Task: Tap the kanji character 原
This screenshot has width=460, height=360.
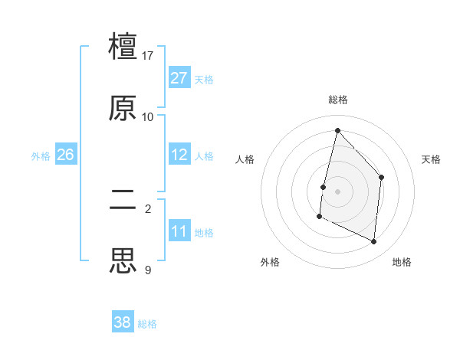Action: point(123,108)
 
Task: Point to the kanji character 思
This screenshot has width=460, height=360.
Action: point(123,261)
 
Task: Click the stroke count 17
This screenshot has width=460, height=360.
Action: point(148,56)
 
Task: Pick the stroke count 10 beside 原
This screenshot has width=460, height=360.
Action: point(148,117)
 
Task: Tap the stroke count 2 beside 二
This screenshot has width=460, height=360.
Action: point(148,208)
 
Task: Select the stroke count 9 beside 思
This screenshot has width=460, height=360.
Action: point(148,270)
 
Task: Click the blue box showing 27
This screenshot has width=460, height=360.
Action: point(179,78)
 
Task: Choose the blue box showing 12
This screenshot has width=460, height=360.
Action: point(179,155)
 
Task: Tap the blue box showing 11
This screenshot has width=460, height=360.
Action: point(179,231)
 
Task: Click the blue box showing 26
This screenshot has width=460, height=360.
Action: point(65,155)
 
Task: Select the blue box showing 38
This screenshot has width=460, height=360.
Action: point(123,322)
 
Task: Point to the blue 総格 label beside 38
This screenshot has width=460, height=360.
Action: point(147,324)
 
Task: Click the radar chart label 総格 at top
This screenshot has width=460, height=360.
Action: point(338,100)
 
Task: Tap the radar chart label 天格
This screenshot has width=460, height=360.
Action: point(432,159)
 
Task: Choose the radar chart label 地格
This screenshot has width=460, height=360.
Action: point(402,262)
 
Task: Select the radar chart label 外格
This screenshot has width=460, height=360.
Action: point(270,262)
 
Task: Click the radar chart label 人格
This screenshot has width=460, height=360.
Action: point(245,159)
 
